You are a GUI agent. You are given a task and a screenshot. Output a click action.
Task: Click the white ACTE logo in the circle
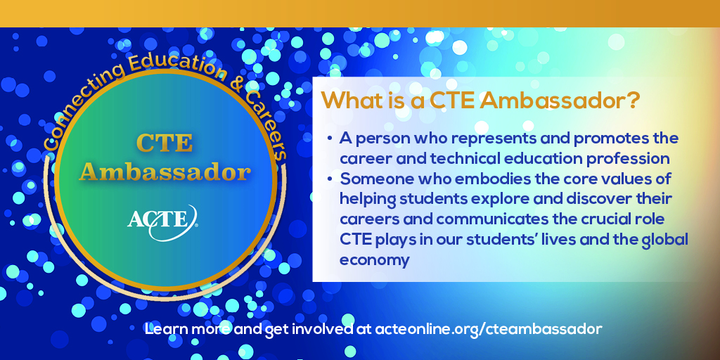coord(163,222)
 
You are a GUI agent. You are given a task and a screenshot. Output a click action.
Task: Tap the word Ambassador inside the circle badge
coord(165,173)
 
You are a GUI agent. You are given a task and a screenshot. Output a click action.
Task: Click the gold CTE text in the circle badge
coord(165,143)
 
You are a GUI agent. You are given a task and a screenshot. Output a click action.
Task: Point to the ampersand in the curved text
coord(237,84)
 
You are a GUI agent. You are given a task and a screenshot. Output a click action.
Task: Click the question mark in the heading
coord(634,101)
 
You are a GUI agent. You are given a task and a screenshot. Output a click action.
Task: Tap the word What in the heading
coord(350,101)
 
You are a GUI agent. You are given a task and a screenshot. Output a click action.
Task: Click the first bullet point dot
coord(330,139)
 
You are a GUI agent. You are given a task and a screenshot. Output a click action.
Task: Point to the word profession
coord(629,159)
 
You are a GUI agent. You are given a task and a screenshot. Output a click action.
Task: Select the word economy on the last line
coord(374,261)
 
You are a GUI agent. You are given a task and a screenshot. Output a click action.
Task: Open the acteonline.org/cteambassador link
coord(489,329)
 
